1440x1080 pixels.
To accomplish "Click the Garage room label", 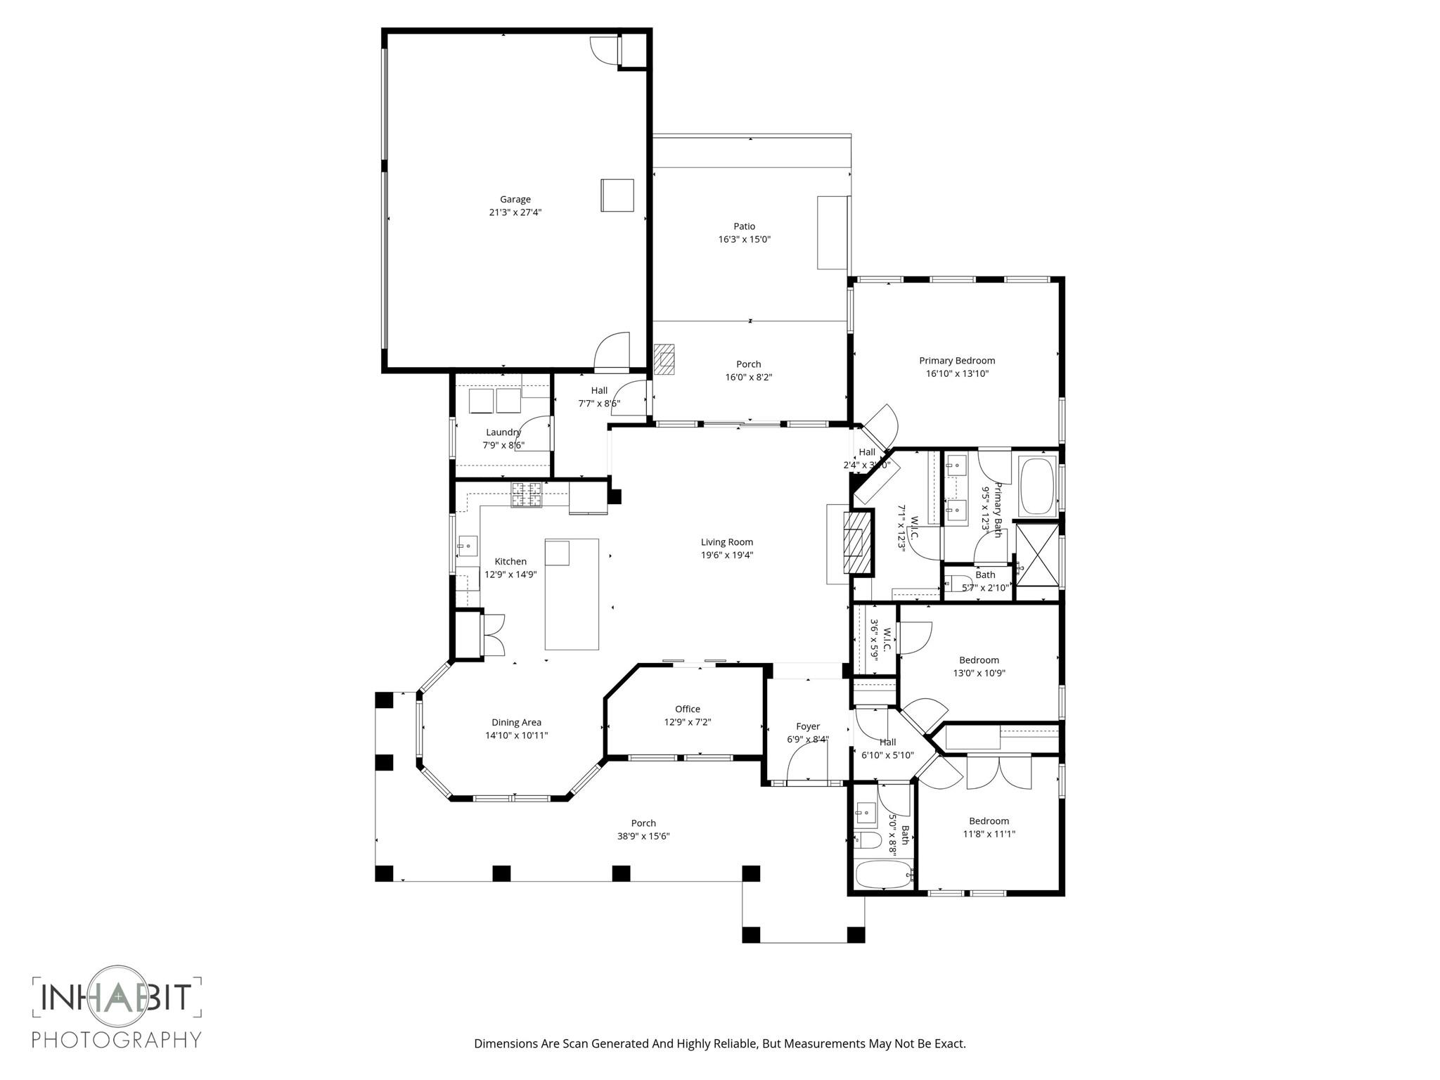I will (515, 199).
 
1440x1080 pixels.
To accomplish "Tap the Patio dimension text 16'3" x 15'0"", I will (744, 239).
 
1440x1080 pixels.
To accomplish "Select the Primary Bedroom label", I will (956, 361).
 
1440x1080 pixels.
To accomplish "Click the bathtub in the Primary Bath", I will (1037, 486).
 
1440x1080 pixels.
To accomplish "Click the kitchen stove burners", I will (527, 495).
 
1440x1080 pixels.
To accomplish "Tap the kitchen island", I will (572, 594).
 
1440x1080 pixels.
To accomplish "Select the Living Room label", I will (726, 542).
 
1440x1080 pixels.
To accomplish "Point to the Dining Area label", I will (516, 722).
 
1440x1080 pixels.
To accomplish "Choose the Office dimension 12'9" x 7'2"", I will (688, 721).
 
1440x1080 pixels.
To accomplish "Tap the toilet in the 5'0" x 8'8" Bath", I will (868, 840).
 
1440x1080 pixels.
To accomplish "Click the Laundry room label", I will (503, 432).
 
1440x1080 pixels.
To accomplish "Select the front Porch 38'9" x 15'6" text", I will (643, 836).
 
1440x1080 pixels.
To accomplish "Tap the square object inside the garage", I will (617, 195).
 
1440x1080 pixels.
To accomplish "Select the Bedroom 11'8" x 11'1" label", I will (989, 821).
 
